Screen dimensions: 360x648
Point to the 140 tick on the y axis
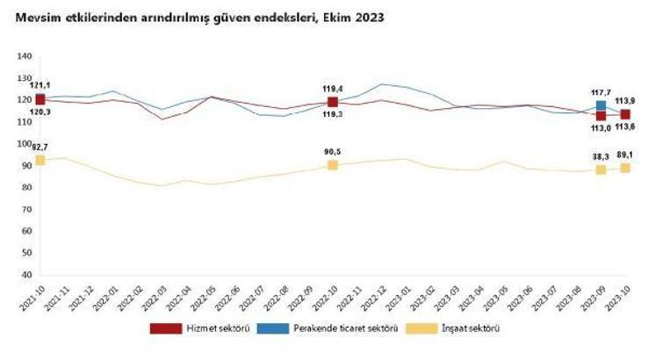pyautogui.click(x=24, y=56)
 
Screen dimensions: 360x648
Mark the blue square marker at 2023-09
pyautogui.click(x=601, y=105)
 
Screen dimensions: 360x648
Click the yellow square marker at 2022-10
pyautogui.click(x=333, y=165)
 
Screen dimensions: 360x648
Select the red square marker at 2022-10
pyautogui.click(x=333, y=103)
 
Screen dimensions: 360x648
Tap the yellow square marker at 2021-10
pyautogui.click(x=40, y=161)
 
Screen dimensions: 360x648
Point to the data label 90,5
pyautogui.click(x=334, y=152)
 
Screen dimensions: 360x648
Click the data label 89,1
pyautogui.click(x=626, y=155)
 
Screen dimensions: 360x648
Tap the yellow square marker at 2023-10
pyautogui.click(x=625, y=168)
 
